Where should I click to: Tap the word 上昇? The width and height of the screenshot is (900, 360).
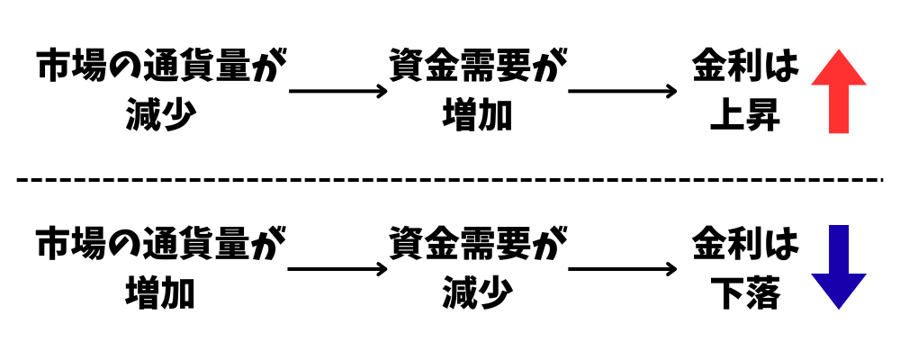point(744,116)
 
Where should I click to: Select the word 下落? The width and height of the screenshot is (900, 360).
point(744,294)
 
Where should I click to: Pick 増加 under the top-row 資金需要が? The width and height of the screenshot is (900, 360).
point(478,116)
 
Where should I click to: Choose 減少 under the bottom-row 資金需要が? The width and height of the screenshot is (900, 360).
point(478,294)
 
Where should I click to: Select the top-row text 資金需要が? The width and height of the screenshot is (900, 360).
point(478,67)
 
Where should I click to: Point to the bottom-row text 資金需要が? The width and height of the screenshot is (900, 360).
point(478,245)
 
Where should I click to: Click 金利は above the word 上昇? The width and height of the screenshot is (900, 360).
point(744,67)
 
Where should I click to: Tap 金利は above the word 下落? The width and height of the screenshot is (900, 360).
point(744,245)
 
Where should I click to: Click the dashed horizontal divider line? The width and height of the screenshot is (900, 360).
point(450,180)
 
